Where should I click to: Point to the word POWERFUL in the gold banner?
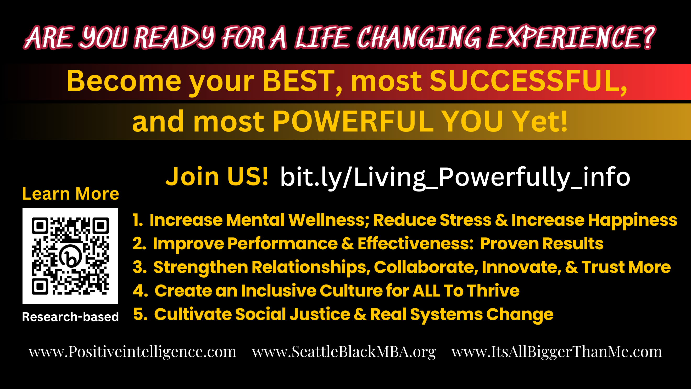[353, 121]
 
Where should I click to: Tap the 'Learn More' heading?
[71, 194]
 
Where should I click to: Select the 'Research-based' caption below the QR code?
[70, 317]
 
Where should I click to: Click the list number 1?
[138, 220]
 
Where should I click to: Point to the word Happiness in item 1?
[633, 221]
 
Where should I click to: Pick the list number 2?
[139, 244]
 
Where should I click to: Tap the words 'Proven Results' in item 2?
[542, 244]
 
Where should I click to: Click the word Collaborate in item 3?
[426, 267]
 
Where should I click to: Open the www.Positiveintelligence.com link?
[132, 352]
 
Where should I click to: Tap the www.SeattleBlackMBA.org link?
[344, 352]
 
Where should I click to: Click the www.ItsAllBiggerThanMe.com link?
[557, 352]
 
